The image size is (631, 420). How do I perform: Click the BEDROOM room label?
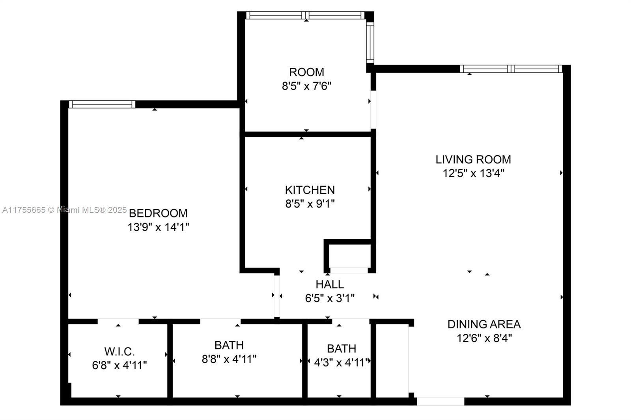pyautogui.click(x=158, y=213)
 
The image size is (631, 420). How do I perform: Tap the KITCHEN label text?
pyautogui.click(x=310, y=190)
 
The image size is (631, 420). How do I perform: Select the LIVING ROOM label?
pyautogui.click(x=473, y=159)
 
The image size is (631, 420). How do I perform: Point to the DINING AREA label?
pyautogui.click(x=484, y=324)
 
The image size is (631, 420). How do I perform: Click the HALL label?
pyautogui.click(x=330, y=284)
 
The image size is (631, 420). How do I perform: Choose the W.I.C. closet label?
pyautogui.click(x=119, y=351)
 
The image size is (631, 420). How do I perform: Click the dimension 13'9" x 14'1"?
pyautogui.click(x=158, y=227)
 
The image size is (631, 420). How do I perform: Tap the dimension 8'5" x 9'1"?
pyautogui.click(x=310, y=204)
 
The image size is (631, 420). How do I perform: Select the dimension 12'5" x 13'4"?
pyautogui.click(x=473, y=173)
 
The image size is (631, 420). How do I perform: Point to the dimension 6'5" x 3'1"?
pyautogui.click(x=330, y=298)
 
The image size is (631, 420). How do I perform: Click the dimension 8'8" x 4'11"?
pyautogui.click(x=229, y=359)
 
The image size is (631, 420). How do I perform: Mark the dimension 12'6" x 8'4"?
pyautogui.click(x=484, y=338)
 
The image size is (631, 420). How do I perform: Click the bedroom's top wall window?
pyautogui.click(x=102, y=104)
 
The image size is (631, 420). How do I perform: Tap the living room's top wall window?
pyautogui.click(x=511, y=69)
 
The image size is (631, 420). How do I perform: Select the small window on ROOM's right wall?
pyautogui.click(x=370, y=43)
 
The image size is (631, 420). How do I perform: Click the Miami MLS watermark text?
pyautogui.click(x=65, y=210)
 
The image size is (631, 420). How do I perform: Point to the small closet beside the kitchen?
pyautogui.click(x=349, y=256)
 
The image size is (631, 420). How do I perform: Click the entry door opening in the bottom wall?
pyautogui.click(x=441, y=401)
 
